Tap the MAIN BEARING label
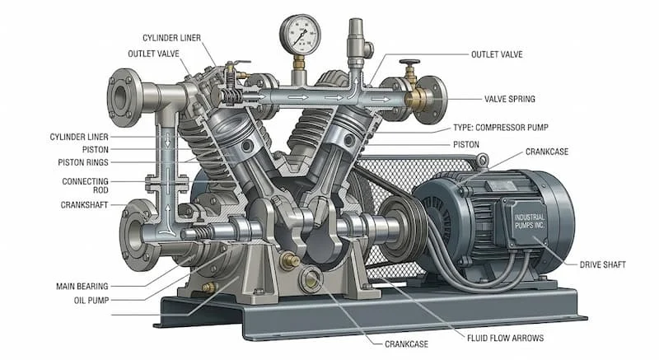click(x=83, y=286)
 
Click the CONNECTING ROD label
click(x=85, y=186)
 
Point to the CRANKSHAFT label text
click(x=86, y=204)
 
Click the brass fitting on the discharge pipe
click(x=414, y=98)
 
